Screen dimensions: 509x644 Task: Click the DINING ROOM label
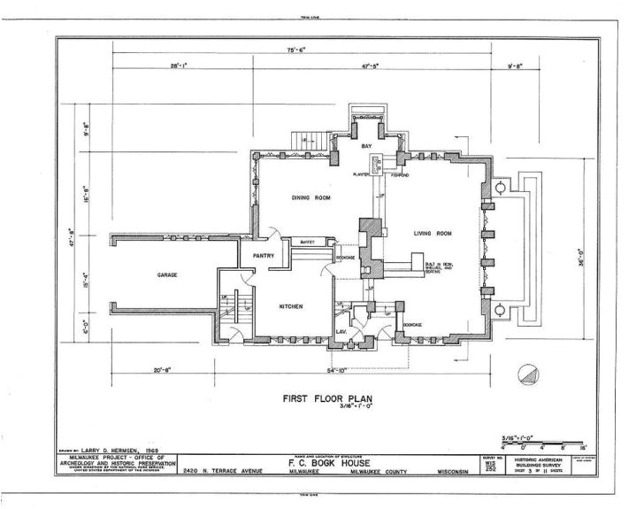point(310,198)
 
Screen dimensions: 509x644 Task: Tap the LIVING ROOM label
point(433,234)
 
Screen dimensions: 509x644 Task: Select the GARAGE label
point(168,275)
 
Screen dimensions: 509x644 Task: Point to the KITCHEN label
point(291,306)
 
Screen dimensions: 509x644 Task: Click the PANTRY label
point(264,256)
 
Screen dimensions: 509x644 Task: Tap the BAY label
point(365,145)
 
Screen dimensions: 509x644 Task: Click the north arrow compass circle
point(527,374)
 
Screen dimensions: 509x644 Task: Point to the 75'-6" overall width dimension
point(295,50)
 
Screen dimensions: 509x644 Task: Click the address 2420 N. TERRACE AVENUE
point(229,472)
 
